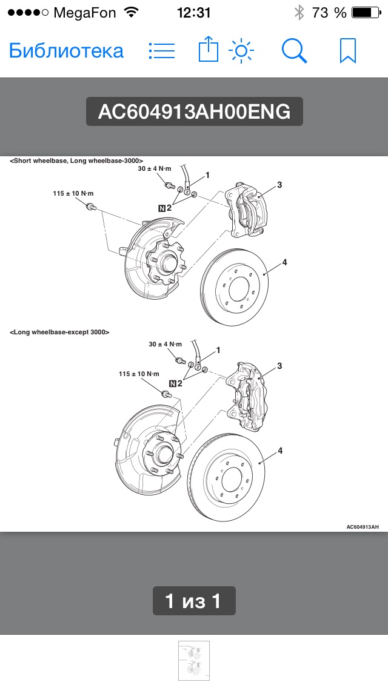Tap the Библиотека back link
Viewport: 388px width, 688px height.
(x=66, y=51)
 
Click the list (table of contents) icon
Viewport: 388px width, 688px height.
(x=162, y=51)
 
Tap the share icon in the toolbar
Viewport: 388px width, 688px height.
(x=208, y=50)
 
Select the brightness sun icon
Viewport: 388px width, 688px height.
(x=241, y=51)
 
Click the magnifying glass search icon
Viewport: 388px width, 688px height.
(x=295, y=51)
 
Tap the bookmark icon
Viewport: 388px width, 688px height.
(x=347, y=51)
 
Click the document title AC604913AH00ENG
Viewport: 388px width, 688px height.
(x=194, y=112)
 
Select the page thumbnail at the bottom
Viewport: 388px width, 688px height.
(x=194, y=661)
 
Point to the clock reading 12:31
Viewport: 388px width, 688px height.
(x=194, y=12)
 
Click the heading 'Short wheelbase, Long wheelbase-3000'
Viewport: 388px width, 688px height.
(x=76, y=160)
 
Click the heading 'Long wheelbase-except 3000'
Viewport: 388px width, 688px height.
(x=59, y=332)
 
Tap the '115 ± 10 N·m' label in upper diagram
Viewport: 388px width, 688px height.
(x=73, y=193)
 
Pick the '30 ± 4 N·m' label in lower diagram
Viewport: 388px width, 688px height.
(x=165, y=344)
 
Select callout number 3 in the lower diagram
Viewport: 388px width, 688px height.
(x=279, y=366)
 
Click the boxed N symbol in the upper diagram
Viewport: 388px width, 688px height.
(x=161, y=208)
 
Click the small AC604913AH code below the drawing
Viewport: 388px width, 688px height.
(x=363, y=527)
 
